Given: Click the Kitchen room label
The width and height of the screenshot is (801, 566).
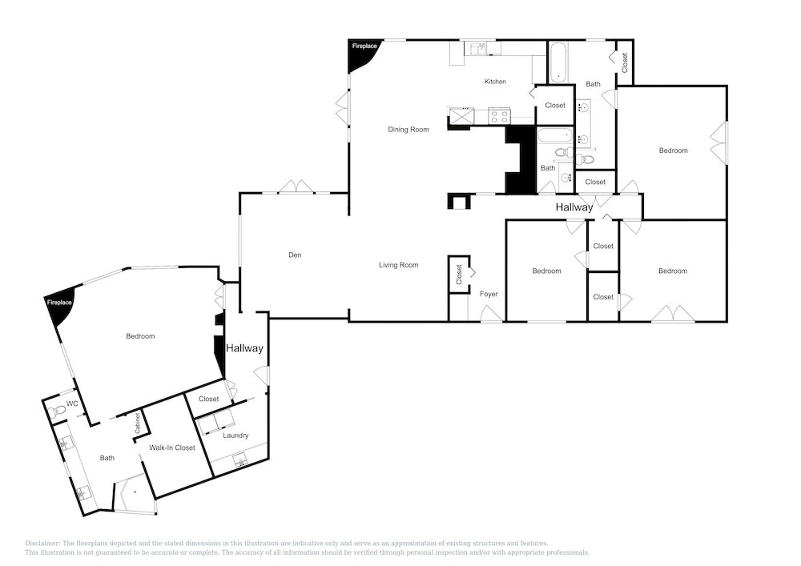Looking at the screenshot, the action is [495, 82].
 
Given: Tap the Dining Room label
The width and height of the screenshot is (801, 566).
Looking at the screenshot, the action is [409, 130].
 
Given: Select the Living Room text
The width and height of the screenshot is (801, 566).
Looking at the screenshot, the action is [398, 265].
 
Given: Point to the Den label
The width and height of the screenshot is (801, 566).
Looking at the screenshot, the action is [295, 255].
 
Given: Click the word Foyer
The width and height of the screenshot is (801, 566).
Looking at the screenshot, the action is [489, 294].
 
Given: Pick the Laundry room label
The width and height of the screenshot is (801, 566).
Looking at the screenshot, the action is [235, 436].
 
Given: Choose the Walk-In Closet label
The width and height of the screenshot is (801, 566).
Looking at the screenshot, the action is [172, 448].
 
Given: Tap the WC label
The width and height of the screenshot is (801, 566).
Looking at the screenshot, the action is [72, 403].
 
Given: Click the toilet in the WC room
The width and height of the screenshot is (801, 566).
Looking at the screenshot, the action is [58, 409].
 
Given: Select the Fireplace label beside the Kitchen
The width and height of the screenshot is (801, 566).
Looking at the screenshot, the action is [364, 46].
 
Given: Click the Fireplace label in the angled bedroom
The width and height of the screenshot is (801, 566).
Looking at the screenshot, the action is [59, 303].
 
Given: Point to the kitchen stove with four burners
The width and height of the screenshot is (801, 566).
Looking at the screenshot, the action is [499, 116].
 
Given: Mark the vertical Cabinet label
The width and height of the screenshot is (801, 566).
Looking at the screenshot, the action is [138, 423].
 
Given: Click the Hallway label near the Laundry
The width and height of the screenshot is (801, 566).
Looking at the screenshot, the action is [244, 348].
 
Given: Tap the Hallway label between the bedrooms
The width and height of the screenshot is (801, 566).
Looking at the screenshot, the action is [574, 207].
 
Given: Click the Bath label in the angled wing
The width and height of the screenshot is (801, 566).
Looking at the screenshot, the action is [107, 458].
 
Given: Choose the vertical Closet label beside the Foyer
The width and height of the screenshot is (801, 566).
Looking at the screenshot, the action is [459, 274].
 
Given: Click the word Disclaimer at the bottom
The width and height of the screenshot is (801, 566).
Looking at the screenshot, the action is [43, 544].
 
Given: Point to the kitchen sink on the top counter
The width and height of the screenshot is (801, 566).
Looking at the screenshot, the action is [479, 49].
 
